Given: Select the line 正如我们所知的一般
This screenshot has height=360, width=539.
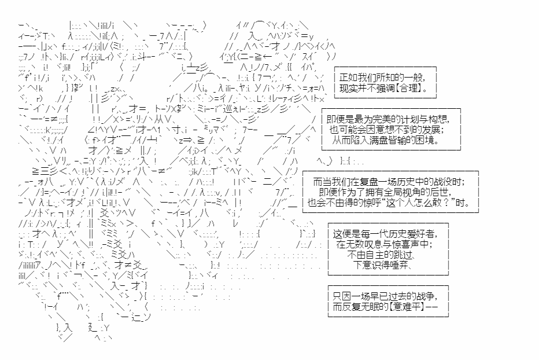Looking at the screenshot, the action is (382, 78).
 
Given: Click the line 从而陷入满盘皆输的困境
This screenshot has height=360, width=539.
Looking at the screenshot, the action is (386, 140).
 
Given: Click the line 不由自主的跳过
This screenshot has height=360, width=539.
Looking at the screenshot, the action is (382, 255).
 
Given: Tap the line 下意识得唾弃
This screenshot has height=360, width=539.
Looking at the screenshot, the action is (382, 265).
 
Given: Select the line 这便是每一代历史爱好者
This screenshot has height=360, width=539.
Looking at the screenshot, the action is (385, 234).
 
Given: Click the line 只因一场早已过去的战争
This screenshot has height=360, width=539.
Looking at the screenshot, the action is (385, 296).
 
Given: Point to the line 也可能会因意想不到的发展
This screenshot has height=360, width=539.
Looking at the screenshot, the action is (386, 130).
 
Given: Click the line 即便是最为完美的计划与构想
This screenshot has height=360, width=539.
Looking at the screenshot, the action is (388, 119).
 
